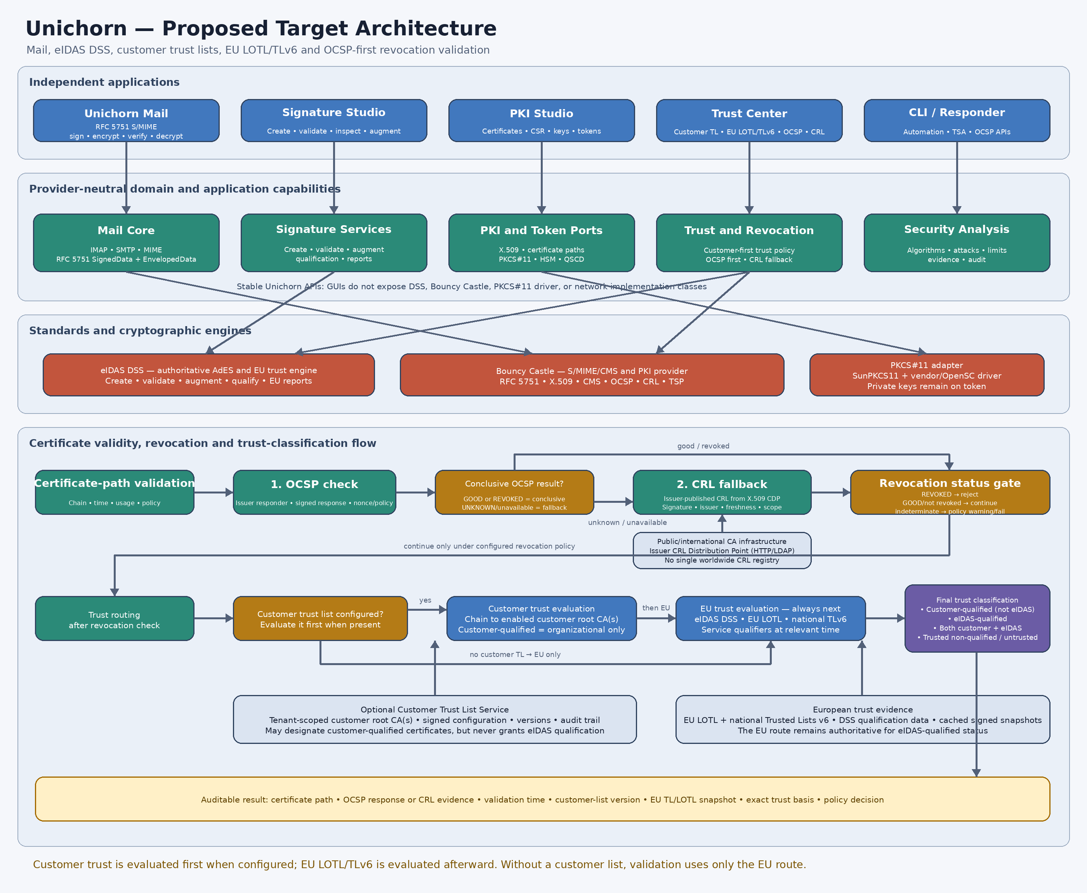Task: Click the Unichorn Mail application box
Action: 126,120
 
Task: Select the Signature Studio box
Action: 334,120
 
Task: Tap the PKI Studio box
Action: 542,120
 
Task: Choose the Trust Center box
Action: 749,120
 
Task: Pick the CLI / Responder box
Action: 957,120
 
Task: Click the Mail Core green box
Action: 126,243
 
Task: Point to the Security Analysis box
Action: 957,243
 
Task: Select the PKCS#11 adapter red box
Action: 927,375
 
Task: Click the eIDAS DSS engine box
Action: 209,375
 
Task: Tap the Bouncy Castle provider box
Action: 592,375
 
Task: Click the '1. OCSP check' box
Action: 315,492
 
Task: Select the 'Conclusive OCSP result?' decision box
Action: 514,492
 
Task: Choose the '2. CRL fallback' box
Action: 722,492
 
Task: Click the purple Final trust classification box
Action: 978,618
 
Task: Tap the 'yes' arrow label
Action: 425,600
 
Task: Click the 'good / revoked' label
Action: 703,446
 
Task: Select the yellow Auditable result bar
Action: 542,799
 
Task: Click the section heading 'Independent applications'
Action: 104,82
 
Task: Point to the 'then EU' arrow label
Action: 656,608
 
